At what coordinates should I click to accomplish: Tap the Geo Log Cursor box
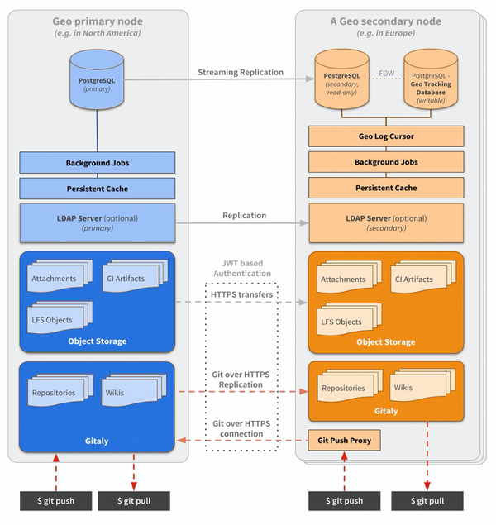click(386, 136)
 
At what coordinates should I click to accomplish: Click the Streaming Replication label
click(241, 72)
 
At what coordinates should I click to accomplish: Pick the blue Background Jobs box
click(98, 163)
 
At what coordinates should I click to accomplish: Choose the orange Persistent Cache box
click(386, 189)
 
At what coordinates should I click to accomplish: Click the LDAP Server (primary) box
click(98, 223)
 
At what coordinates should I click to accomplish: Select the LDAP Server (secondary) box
click(386, 223)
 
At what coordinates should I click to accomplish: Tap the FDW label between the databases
click(386, 73)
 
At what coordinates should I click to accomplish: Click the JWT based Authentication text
click(241, 268)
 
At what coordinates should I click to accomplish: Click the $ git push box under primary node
click(55, 501)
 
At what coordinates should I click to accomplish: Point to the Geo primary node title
click(98, 21)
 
